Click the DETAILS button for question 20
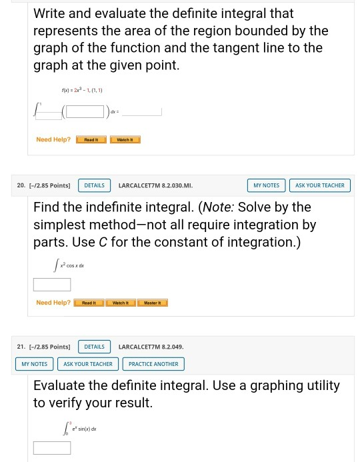coord(95,185)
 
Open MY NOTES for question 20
coord(266,185)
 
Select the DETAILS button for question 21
coord(95,347)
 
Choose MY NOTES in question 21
coord(35,364)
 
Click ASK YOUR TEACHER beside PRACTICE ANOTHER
coord(88,364)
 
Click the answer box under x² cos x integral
coord(52,285)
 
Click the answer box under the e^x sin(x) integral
coord(52,447)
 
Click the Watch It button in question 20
coord(121,303)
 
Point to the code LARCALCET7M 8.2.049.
coord(151,347)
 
